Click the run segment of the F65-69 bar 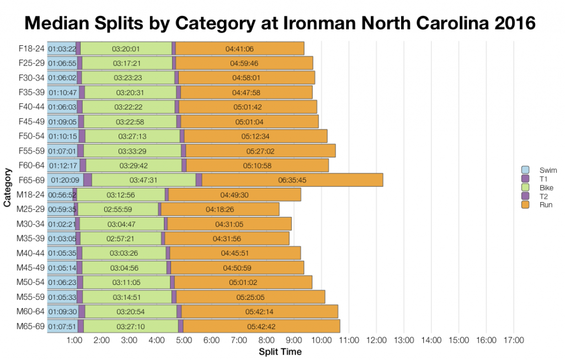tap(292, 180)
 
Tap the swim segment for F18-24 tap(61, 49)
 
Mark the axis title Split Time tap(280, 352)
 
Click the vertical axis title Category tap(7, 187)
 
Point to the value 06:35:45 tap(292, 180)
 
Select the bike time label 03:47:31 tap(143, 180)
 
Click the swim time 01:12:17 tap(63, 165)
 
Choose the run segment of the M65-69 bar tap(262, 326)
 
